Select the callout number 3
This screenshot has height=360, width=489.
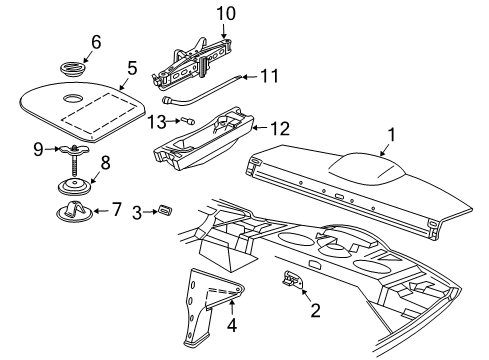[141, 211]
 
